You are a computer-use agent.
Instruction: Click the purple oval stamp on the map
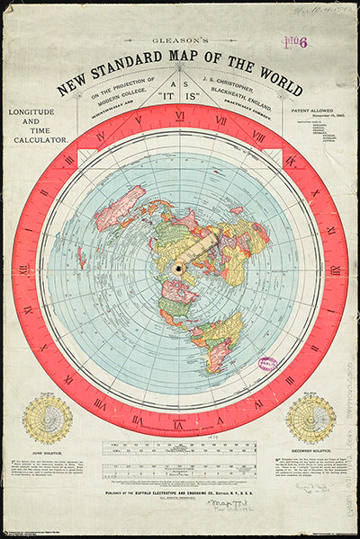(268, 362)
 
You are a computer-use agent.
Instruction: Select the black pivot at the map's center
(180, 269)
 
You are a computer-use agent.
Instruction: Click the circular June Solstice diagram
(47, 419)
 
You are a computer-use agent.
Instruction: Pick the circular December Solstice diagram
(310, 419)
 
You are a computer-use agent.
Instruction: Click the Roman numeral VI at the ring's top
(180, 115)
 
